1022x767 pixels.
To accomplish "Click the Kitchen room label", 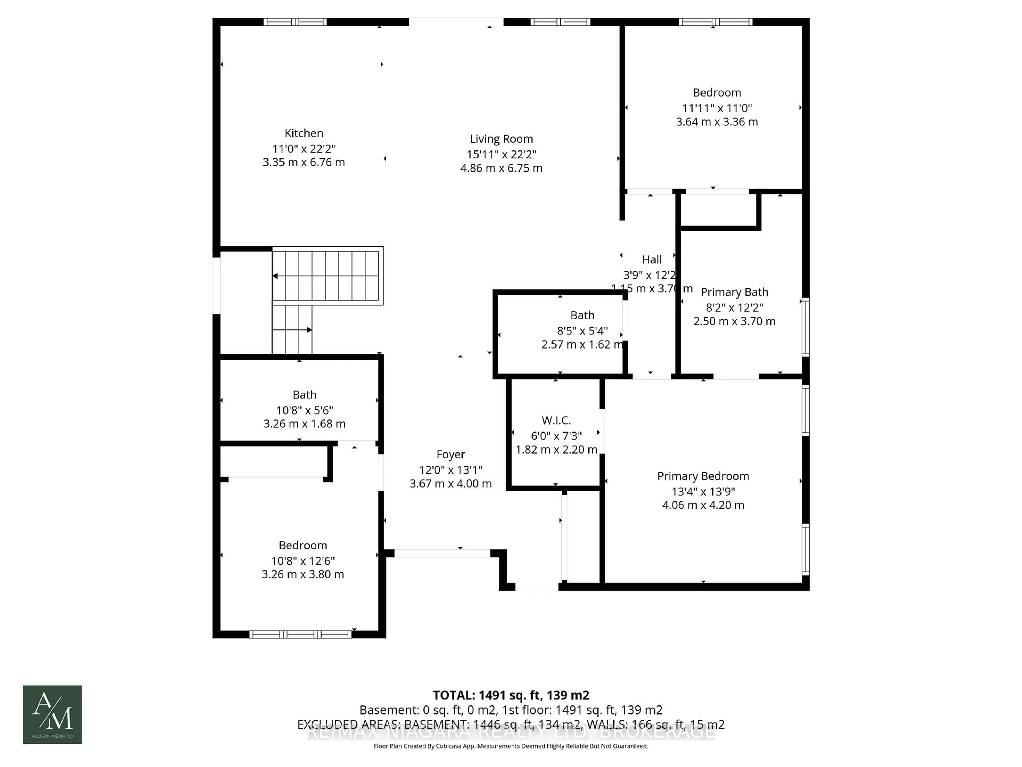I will click(x=304, y=133).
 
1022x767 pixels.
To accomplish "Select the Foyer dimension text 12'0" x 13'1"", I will click(x=451, y=470).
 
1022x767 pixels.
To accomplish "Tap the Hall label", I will click(x=652, y=259).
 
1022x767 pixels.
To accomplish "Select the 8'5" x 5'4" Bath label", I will click(x=582, y=315).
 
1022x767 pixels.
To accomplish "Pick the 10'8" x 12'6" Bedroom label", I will click(x=303, y=545).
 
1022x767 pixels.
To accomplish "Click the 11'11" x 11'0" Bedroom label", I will click(x=717, y=92).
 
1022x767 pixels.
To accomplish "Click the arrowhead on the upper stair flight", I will click(x=275, y=276).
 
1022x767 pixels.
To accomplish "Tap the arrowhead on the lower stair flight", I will click(x=309, y=330).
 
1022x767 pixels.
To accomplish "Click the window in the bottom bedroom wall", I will click(x=300, y=634).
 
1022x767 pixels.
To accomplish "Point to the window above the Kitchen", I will click(x=295, y=22).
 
